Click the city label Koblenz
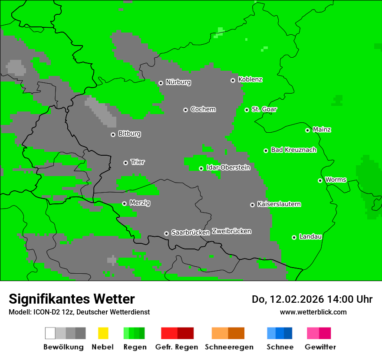(250, 79)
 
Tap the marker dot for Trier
(125, 163)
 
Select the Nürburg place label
(178, 82)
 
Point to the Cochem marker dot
(185, 110)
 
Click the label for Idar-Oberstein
(228, 167)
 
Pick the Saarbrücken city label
(190, 232)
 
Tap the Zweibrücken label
(231, 231)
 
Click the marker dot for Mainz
(307, 130)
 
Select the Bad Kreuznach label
(293, 150)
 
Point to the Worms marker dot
(320, 180)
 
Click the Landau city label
(310, 236)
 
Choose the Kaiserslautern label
(279, 204)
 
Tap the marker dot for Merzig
(124, 203)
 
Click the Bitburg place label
(129, 134)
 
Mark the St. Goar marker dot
(247, 110)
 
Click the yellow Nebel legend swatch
(103, 333)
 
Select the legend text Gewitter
(320, 347)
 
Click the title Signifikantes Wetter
(72, 299)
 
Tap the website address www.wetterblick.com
(313, 312)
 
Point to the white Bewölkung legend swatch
(50, 333)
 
